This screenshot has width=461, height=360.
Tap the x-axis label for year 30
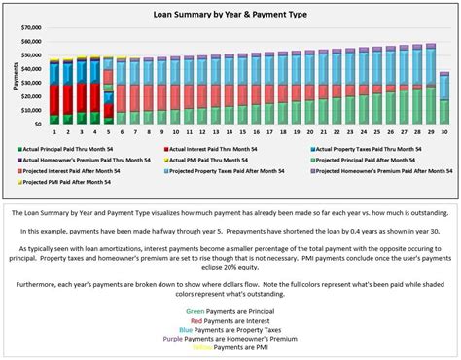(x=443, y=131)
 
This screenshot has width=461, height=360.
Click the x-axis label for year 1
(x=54, y=131)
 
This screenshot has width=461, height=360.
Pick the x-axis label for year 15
(x=242, y=131)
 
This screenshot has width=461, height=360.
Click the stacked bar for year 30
(x=443, y=99)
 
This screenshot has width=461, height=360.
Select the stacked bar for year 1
(x=54, y=91)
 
